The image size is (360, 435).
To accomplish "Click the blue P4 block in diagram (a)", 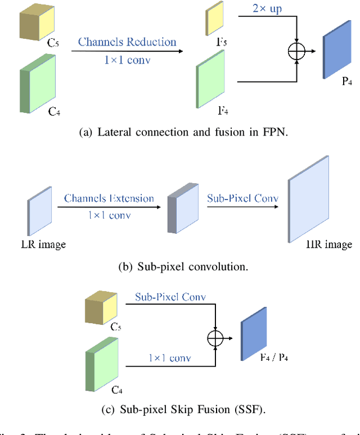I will click(334, 56).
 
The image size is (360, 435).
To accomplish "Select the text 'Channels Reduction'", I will click(127, 42).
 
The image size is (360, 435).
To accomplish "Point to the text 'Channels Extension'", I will click(109, 198).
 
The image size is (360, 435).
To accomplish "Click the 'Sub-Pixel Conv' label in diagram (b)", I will click(242, 198).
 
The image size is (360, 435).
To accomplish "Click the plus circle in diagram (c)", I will click(215, 338).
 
